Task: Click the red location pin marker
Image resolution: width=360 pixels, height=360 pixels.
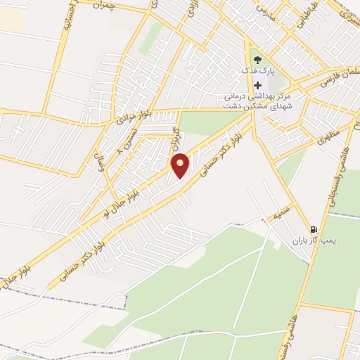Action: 181,165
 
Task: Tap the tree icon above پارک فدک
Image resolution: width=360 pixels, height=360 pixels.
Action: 257,60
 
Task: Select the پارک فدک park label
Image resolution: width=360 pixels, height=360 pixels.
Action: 259,72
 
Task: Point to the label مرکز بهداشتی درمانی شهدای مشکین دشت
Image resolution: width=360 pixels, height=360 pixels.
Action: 259,101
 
